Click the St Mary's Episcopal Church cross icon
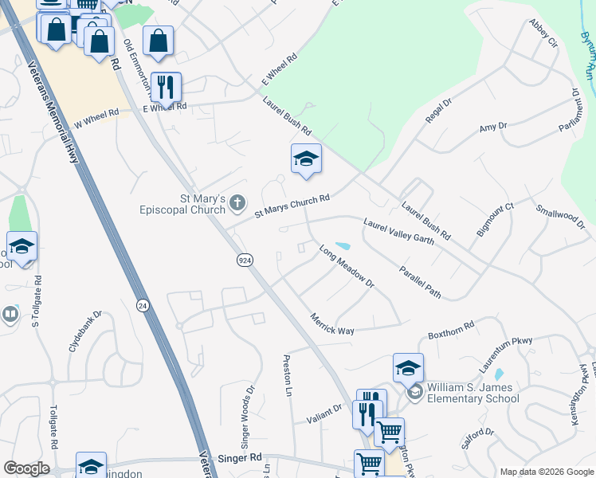[237, 204]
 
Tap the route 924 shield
[245, 260]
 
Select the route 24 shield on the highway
[143, 304]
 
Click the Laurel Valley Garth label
[398, 231]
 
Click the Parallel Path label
[421, 282]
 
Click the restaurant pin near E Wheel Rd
[167, 87]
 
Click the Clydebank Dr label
[85, 331]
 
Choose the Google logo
[25, 468]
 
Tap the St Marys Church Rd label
[292, 204]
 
